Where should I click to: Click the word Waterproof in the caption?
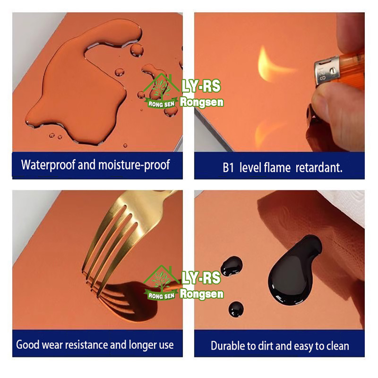(48, 165)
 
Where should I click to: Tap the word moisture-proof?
(134, 165)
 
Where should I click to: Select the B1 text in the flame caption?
(228, 168)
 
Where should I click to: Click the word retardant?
(319, 168)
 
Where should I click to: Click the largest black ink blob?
(293, 270)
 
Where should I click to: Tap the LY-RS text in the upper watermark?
(201, 86)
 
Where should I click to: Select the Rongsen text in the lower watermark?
(202, 294)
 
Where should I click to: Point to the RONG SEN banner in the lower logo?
(161, 296)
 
